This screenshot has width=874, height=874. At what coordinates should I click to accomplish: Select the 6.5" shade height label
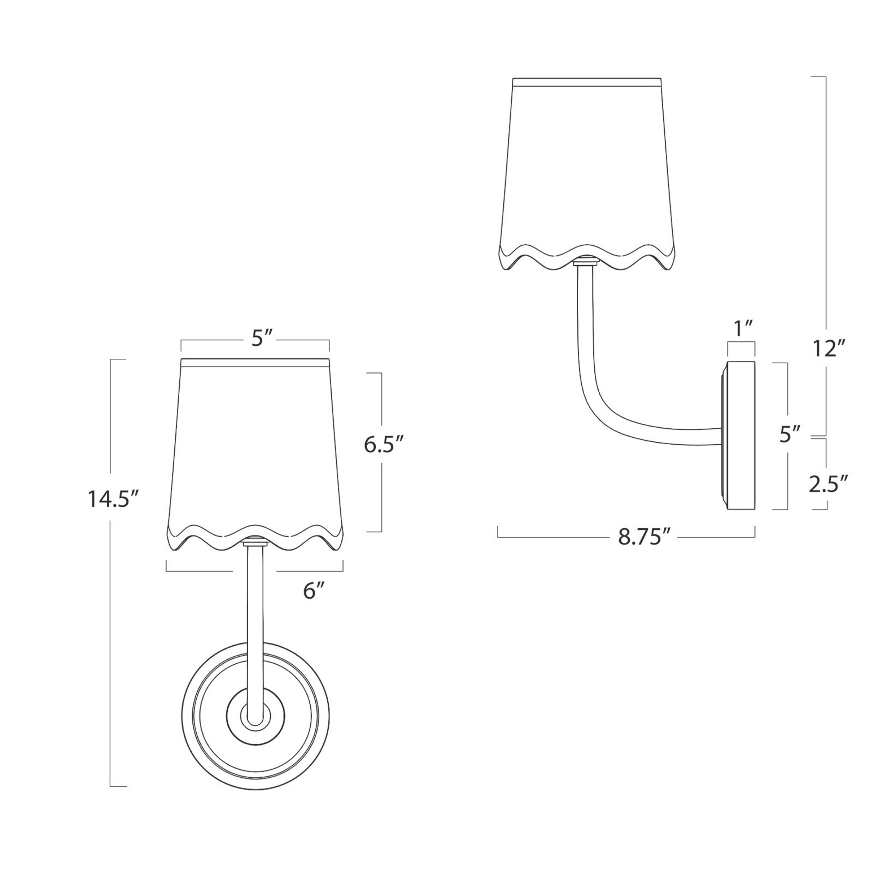point(384,445)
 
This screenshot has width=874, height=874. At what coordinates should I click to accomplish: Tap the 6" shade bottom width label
point(314,591)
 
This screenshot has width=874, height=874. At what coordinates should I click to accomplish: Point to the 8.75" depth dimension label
point(644,538)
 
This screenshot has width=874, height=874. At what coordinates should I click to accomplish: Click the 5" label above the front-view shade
point(261,339)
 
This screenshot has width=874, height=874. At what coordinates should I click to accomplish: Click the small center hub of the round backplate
point(255,716)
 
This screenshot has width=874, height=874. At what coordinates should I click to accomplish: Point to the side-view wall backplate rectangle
point(741,436)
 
